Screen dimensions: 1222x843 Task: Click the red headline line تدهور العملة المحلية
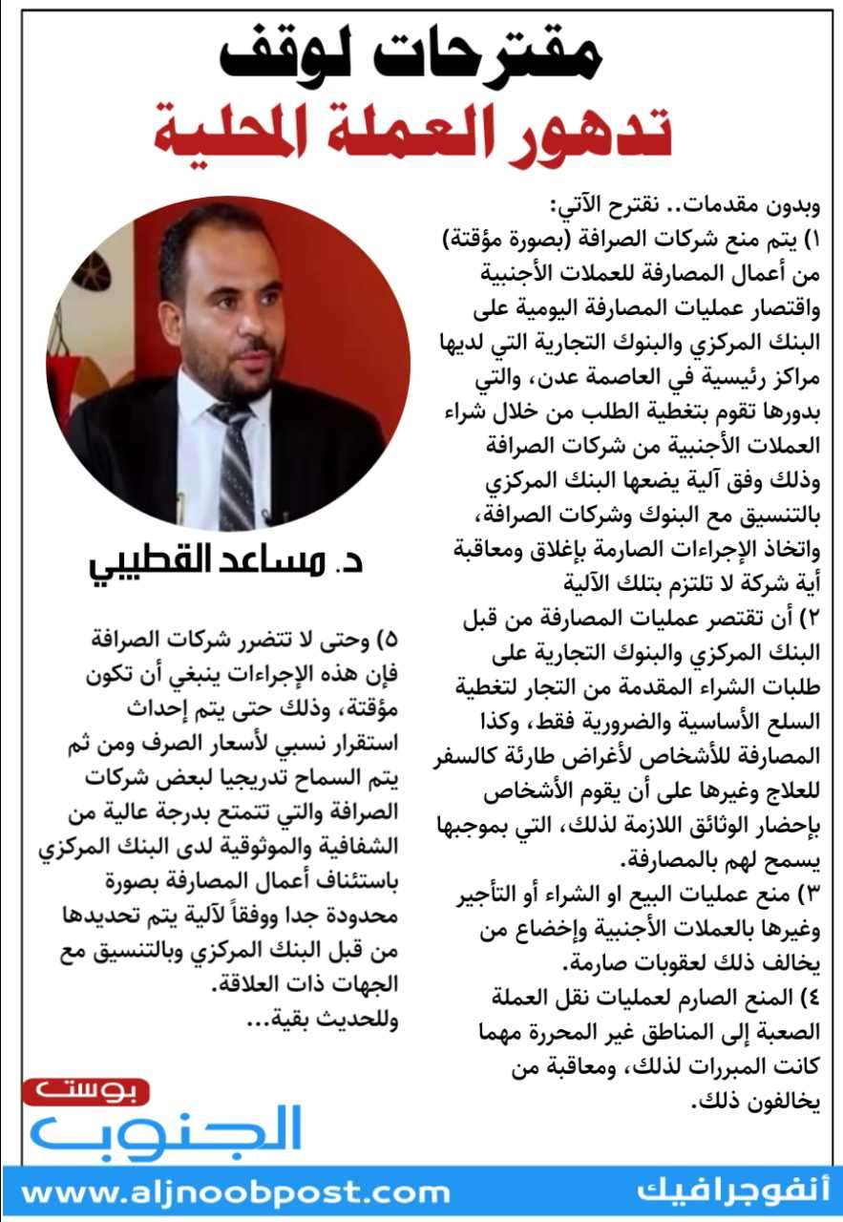[x=413, y=135]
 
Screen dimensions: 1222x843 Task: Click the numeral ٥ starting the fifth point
[x=389, y=639]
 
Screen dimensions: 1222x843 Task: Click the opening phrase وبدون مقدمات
[x=745, y=204]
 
